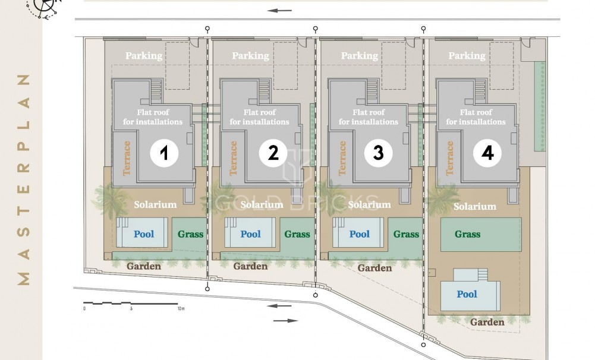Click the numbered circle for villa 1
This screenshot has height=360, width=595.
click(x=164, y=153)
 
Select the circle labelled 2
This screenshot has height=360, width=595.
click(x=273, y=153)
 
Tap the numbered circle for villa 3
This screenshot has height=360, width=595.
click(x=378, y=153)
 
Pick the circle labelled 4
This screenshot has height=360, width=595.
click(x=487, y=153)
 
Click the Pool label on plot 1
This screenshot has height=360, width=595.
click(x=144, y=234)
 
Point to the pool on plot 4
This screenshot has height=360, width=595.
click(x=470, y=290)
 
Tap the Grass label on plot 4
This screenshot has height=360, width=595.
click(x=467, y=234)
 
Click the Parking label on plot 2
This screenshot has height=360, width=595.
click(x=250, y=56)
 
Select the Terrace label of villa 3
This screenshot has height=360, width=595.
click(x=342, y=158)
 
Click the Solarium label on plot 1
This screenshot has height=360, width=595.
click(x=155, y=204)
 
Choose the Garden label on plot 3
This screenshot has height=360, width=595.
click(x=374, y=268)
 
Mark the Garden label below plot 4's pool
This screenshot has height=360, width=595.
click(x=487, y=322)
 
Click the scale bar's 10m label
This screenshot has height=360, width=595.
click(x=181, y=308)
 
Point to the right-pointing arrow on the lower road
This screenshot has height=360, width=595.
click(x=285, y=321)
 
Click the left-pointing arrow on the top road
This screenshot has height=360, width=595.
click(x=279, y=11)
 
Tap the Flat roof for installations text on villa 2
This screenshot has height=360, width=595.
click(x=260, y=117)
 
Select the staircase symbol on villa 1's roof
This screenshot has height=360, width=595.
click(x=156, y=91)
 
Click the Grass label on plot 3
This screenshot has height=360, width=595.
click(x=406, y=234)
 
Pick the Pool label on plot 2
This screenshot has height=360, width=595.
click(x=250, y=234)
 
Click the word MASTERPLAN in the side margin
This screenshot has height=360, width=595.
click(x=23, y=179)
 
